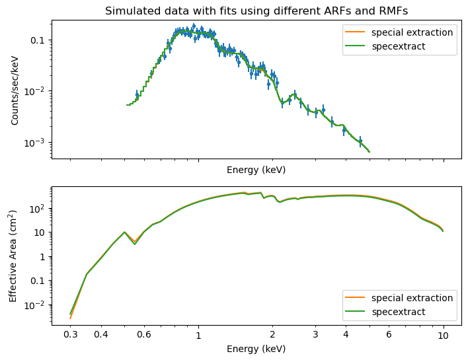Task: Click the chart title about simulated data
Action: point(256,11)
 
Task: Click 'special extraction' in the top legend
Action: point(412,32)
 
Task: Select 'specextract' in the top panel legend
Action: point(398,46)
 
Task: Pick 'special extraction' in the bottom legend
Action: point(412,298)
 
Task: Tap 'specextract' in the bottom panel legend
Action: point(398,312)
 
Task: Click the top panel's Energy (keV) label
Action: point(256,170)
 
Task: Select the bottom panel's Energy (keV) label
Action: point(256,348)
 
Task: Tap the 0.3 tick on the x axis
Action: point(70,335)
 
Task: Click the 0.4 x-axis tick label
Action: point(101,335)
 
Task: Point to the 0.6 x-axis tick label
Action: point(144,335)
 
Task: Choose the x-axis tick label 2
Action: point(272,335)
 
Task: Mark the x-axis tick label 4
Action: point(346,335)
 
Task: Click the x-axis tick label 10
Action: point(444,335)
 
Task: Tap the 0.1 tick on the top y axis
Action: point(38,40)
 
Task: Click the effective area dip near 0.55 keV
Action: point(135,244)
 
